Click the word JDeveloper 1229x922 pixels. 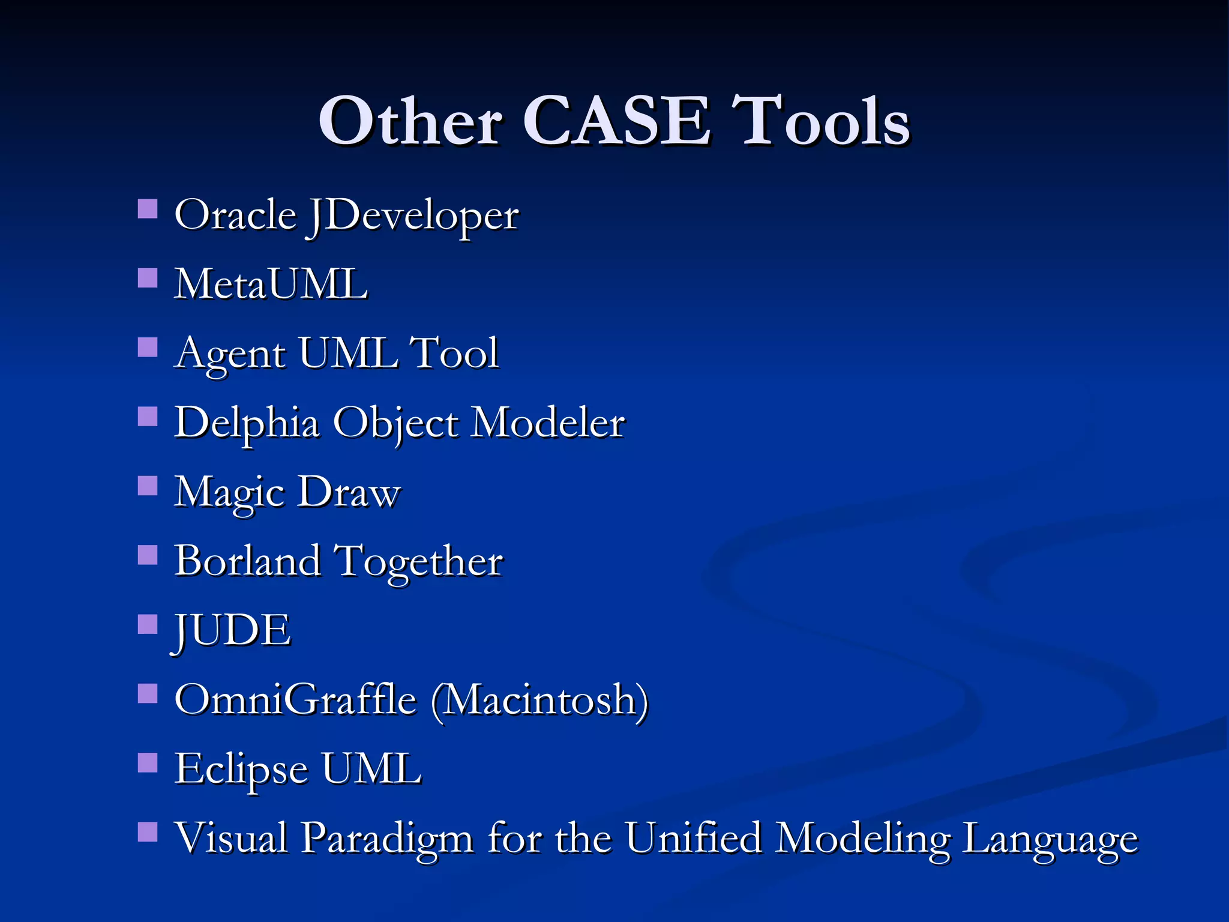point(412,216)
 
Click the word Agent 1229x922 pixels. point(230,354)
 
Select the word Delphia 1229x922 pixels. point(247,423)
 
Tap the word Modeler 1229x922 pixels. point(547,423)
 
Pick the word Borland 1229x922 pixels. point(247,561)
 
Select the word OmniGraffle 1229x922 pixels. point(295,700)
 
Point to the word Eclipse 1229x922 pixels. point(241,770)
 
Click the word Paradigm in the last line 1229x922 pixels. point(387,839)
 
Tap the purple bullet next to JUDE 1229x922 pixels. point(148,624)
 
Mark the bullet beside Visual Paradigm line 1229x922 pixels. point(148,832)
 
